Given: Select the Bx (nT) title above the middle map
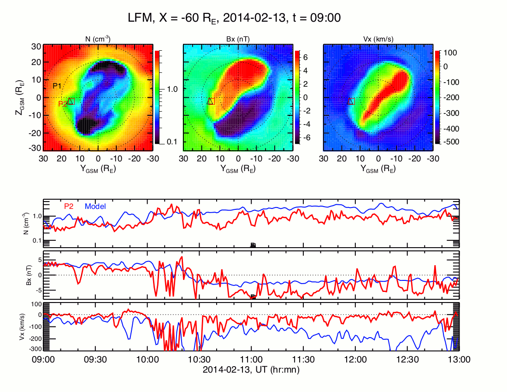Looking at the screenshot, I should coord(237,39).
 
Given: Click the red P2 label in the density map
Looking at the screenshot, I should coord(62,104).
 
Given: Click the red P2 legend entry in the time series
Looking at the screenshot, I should coord(68,206).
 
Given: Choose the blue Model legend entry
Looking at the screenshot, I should coord(95,206).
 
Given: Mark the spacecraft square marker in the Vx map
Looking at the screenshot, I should coord(351,101).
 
